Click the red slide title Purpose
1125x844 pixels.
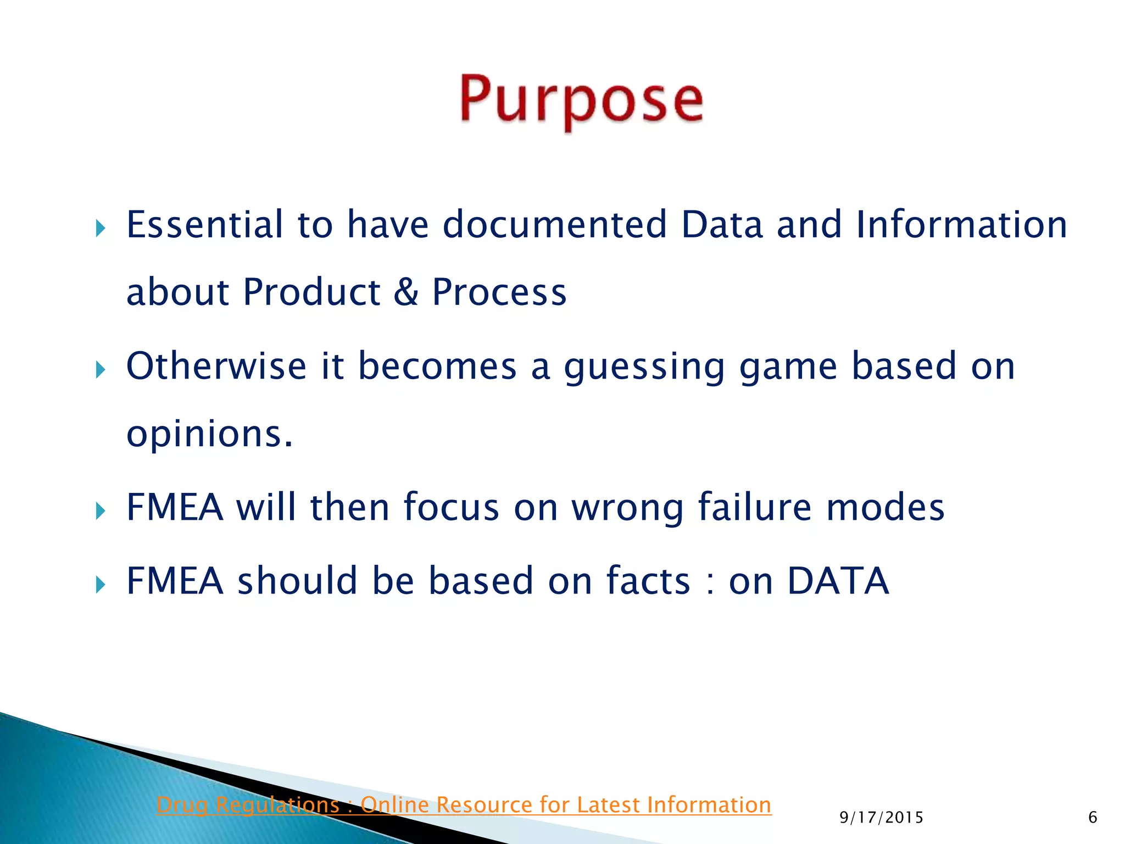581,101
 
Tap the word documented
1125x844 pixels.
554,225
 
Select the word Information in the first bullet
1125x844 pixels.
961,225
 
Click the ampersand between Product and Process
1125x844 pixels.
406,292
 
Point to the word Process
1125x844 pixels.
499,292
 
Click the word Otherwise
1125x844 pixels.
216,366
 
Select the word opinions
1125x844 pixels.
209,434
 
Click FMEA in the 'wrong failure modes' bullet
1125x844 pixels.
175,507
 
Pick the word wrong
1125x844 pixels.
627,508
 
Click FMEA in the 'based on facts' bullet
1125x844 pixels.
175,581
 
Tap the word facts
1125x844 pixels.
648,581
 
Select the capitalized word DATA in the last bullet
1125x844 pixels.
838,581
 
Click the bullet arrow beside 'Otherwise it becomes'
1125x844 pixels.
100,370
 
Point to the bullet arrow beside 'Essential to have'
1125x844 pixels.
100,228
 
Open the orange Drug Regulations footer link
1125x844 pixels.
464,805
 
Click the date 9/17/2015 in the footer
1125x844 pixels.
881,818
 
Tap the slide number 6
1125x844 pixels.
1092,818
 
